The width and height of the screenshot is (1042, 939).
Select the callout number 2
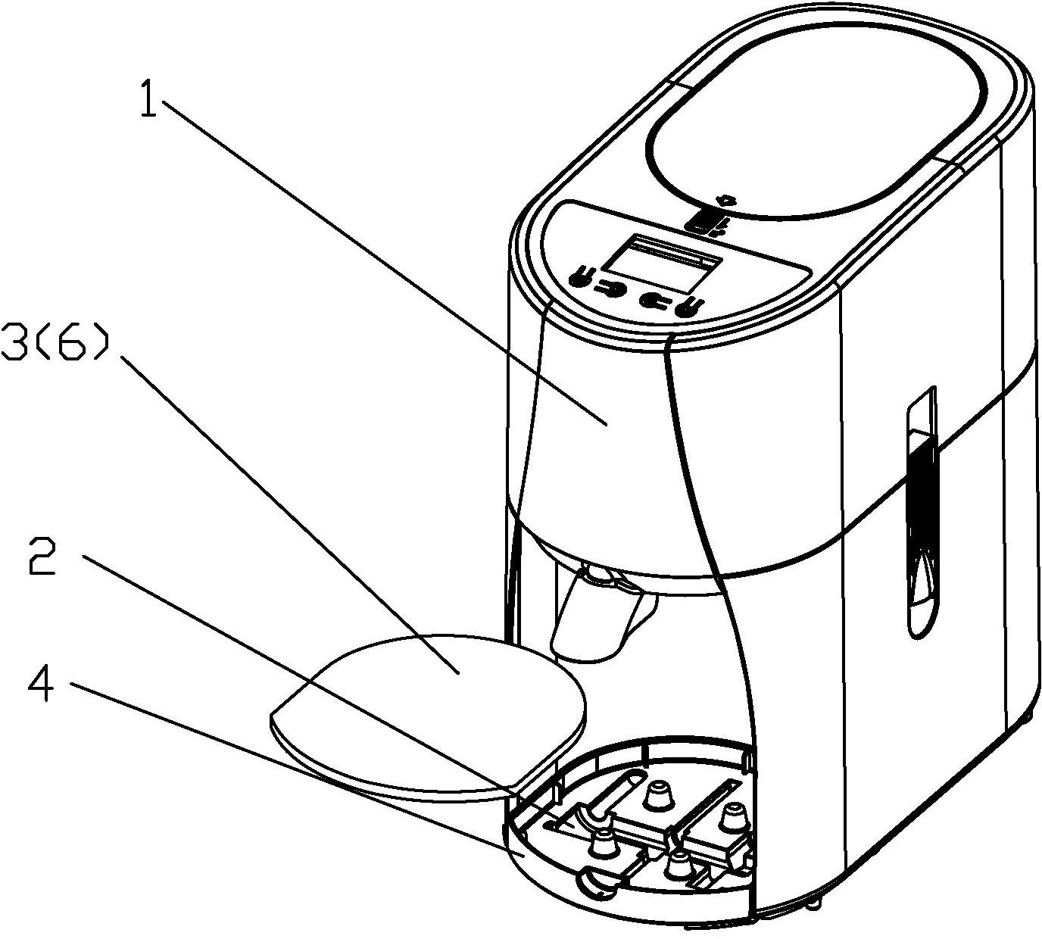(42, 557)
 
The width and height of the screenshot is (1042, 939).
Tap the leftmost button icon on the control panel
(580, 276)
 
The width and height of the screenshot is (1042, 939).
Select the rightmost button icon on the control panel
(689, 307)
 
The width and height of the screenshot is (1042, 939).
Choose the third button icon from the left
(653, 300)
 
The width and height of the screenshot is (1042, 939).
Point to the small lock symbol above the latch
(726, 200)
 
